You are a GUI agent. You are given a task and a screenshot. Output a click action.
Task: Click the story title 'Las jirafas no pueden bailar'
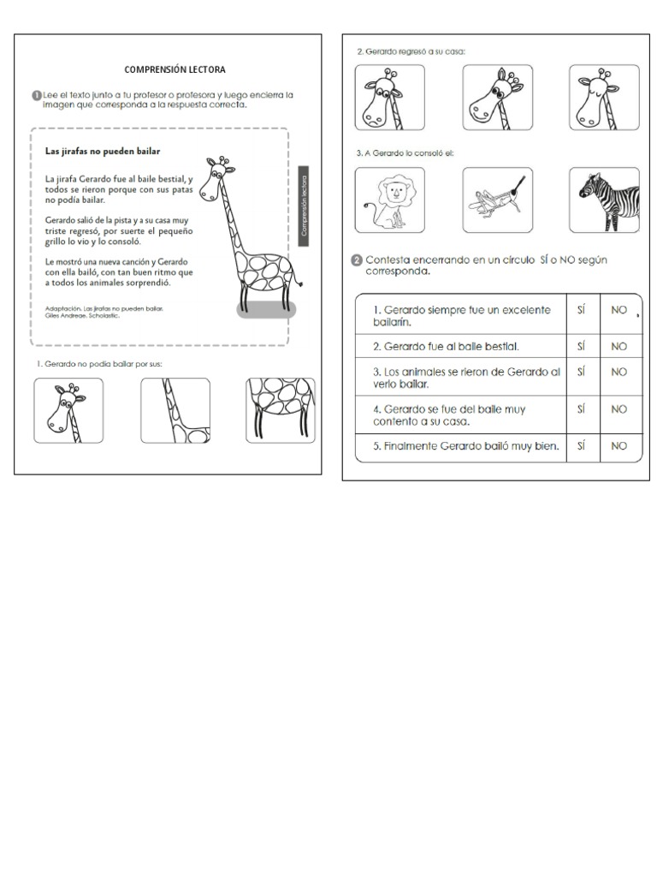(x=103, y=151)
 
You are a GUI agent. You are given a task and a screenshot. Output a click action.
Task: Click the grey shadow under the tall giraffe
(x=265, y=309)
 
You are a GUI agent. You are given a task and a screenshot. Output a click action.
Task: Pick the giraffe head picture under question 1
(x=68, y=410)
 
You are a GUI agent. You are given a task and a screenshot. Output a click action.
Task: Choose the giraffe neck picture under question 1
(x=175, y=410)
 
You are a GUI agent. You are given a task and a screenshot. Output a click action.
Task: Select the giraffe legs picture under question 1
(x=280, y=410)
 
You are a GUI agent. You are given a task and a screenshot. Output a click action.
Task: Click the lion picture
(x=390, y=200)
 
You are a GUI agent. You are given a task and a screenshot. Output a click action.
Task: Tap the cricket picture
(x=497, y=200)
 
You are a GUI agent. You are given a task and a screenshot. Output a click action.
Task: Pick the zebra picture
(x=604, y=200)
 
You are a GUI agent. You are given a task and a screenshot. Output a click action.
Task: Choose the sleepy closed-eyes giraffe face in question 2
(x=604, y=98)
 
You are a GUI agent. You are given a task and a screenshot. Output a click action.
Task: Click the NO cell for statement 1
(x=619, y=311)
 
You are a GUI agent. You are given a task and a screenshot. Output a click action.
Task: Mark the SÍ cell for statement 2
(x=582, y=346)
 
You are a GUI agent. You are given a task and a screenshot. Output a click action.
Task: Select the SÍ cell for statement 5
(x=582, y=445)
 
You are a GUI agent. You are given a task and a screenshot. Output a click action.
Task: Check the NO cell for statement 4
(x=619, y=409)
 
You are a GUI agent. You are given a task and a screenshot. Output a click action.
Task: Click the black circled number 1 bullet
(x=35, y=95)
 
